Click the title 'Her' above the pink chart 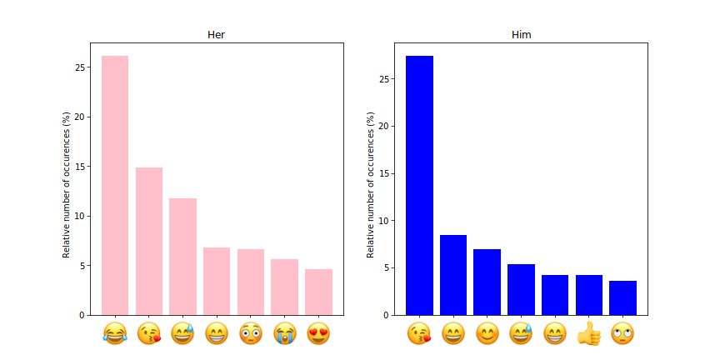point(216,35)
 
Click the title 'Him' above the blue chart point(521,35)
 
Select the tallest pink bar point(115,185)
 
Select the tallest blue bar point(419,185)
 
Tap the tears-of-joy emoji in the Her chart point(115,334)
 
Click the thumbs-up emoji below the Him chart point(588,334)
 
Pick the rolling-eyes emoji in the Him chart point(622,334)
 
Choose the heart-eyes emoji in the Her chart point(318,334)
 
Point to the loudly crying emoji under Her point(284,334)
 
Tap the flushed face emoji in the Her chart point(250,334)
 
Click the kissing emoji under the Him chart point(419,334)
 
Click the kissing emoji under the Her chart point(149,334)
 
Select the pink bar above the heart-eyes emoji point(318,292)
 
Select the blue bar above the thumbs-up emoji point(588,295)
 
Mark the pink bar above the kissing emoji point(149,241)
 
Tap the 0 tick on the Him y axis point(386,315)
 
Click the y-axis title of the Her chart point(66,185)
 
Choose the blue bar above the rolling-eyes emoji point(622,297)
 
